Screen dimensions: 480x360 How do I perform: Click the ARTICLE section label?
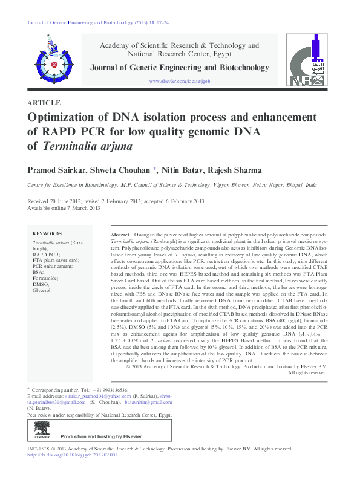[44, 103]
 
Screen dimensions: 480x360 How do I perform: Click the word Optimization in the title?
[67, 117]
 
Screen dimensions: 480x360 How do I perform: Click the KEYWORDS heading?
[47, 233]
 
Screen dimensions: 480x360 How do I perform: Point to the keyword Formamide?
[45, 277]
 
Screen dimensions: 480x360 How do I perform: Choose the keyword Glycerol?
[42, 291]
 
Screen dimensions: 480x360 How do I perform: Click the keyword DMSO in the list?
[41, 284]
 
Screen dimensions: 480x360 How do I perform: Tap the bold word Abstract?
[120, 234]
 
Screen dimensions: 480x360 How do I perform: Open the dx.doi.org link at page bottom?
[72, 455]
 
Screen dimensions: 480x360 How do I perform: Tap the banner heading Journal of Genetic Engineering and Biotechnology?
[180, 68]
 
